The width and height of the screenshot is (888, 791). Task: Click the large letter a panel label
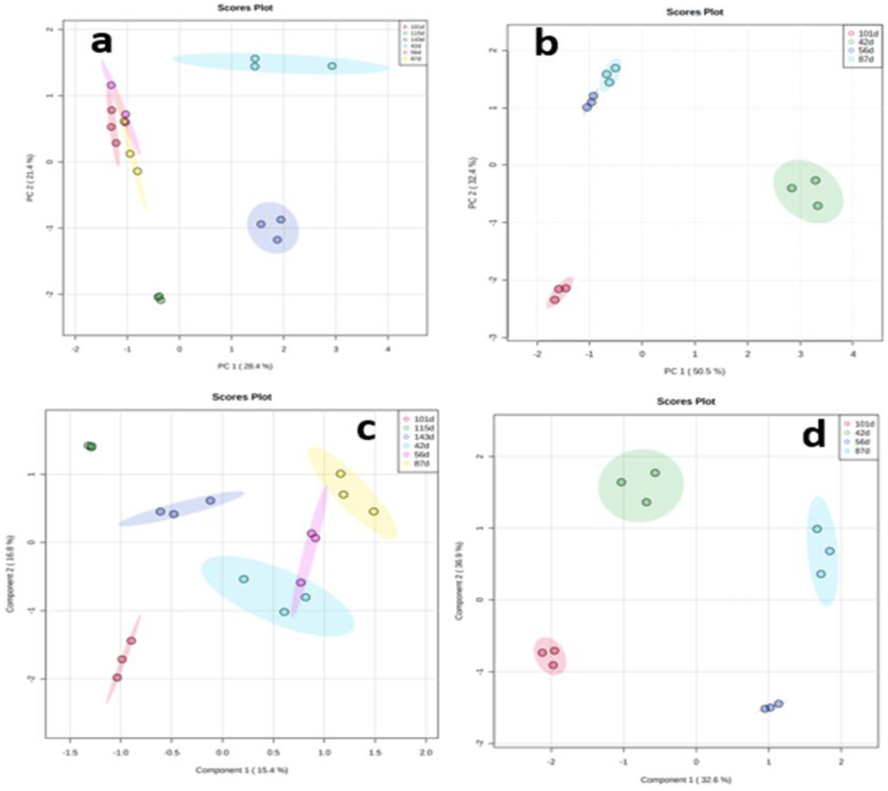click(x=101, y=43)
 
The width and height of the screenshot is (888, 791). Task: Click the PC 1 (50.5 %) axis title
click(x=695, y=371)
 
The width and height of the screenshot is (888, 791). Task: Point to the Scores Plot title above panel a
click(x=245, y=8)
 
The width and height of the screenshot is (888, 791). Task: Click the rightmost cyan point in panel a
click(x=332, y=66)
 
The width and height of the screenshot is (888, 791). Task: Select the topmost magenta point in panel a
click(x=111, y=85)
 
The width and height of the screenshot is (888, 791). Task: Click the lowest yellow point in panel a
click(x=137, y=171)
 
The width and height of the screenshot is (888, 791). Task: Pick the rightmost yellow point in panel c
click(x=374, y=511)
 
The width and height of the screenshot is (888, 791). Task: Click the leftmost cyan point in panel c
click(x=244, y=579)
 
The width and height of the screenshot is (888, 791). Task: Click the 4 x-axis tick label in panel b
click(x=853, y=354)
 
